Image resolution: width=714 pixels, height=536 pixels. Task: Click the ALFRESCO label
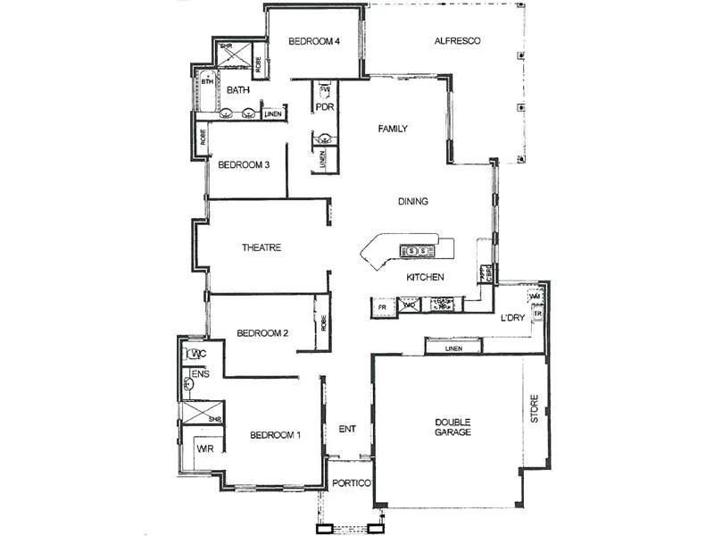pos(458,41)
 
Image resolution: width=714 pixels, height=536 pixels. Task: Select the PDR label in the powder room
pos(323,107)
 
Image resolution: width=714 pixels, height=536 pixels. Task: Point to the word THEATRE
pos(262,247)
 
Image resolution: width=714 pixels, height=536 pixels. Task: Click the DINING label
pos(413,201)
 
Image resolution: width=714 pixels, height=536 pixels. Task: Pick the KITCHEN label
pos(425,278)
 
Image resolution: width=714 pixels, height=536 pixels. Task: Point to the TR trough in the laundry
pos(537,314)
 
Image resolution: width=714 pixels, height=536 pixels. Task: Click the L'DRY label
pos(512,318)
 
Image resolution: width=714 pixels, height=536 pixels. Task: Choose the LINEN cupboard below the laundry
pos(453,347)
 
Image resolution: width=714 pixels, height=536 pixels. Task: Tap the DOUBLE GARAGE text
pos(453,427)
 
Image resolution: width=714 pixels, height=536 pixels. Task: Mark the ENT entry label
pos(347,430)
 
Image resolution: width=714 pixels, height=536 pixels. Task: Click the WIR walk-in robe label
pos(204,447)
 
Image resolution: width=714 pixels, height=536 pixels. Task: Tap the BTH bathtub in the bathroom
pos(207,83)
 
